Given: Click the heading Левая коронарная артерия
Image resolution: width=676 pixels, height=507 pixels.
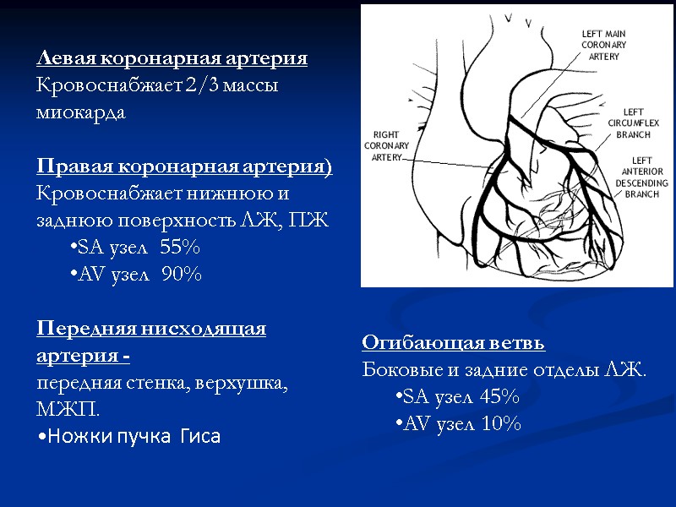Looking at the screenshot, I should pyautogui.click(x=172, y=59).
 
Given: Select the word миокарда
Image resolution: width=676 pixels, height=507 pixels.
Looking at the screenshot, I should pyautogui.click(x=80, y=112).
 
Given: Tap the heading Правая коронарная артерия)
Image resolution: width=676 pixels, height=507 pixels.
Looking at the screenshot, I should pyautogui.click(x=184, y=167).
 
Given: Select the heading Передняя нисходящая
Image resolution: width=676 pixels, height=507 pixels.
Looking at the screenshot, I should pyautogui.click(x=151, y=329).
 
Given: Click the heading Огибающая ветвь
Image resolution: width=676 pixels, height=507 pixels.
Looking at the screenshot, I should pyautogui.click(x=454, y=343).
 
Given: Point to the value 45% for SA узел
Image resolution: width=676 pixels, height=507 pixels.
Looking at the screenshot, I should pyautogui.click(x=499, y=396).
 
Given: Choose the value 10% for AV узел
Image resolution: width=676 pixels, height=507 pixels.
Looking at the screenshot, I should pyautogui.click(x=500, y=423).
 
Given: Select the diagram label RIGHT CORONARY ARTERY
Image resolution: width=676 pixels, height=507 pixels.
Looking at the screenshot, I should pyautogui.click(x=385, y=145).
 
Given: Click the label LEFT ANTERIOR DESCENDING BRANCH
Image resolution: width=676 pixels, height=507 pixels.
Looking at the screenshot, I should pyautogui.click(x=641, y=177).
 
